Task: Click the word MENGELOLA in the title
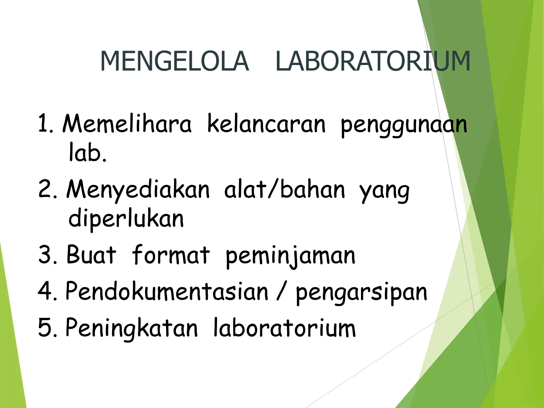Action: coord(175,61)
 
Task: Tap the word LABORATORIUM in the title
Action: coord(373,61)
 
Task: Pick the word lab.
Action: coord(87,153)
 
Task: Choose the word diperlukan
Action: coord(126,219)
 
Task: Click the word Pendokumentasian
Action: coord(167,291)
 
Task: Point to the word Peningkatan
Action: coord(131,328)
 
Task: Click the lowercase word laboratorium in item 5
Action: coord(284,328)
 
